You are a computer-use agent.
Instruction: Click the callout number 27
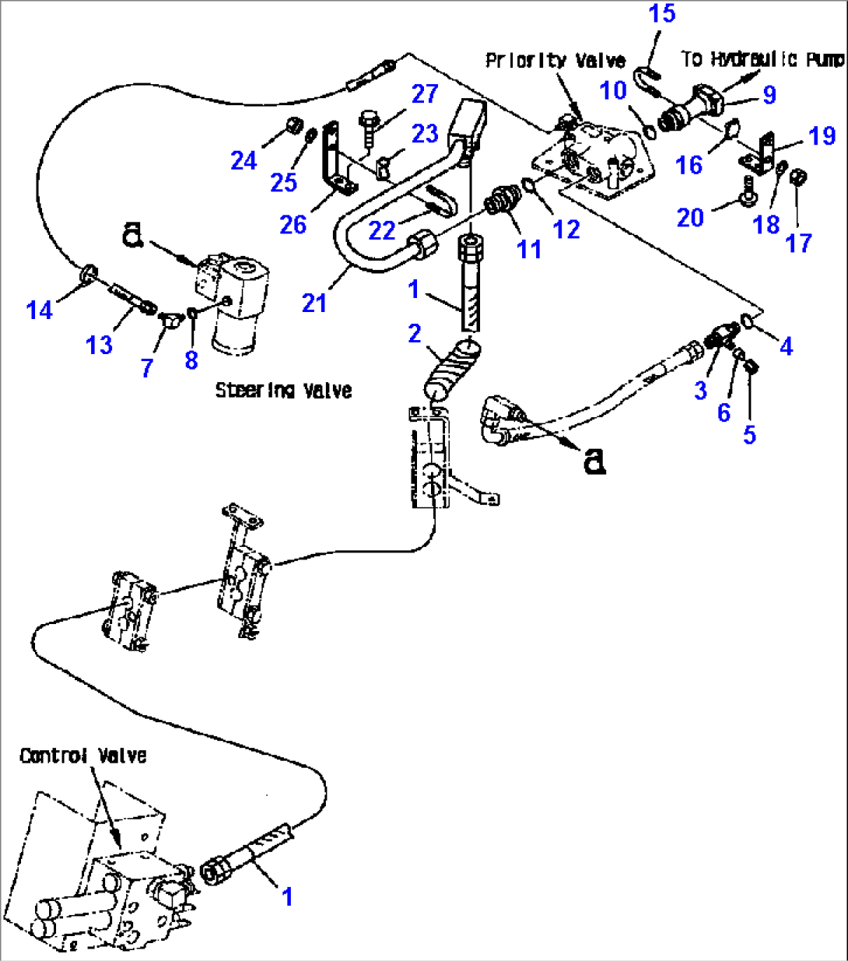425,94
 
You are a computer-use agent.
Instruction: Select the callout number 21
314,303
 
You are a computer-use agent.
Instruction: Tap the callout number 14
39,310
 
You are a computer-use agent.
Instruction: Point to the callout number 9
769,94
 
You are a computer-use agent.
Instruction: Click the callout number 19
822,135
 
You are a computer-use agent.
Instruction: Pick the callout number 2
415,334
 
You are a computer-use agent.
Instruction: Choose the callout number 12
566,229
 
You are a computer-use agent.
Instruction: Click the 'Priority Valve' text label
555,61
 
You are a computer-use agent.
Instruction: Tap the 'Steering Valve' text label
283,390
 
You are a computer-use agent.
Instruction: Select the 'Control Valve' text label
82,756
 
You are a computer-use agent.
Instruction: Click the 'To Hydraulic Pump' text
762,59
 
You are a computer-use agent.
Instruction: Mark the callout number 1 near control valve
287,896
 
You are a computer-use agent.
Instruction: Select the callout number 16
689,165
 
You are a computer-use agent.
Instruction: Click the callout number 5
749,434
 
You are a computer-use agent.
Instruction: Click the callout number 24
244,160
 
